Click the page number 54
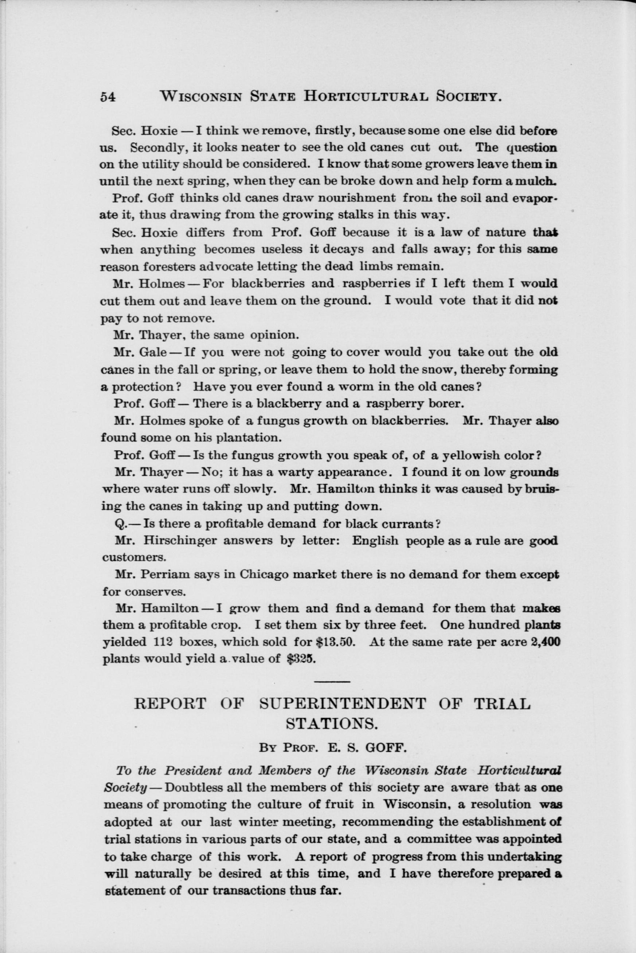[108, 97]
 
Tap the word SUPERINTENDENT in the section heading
[342, 704]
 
